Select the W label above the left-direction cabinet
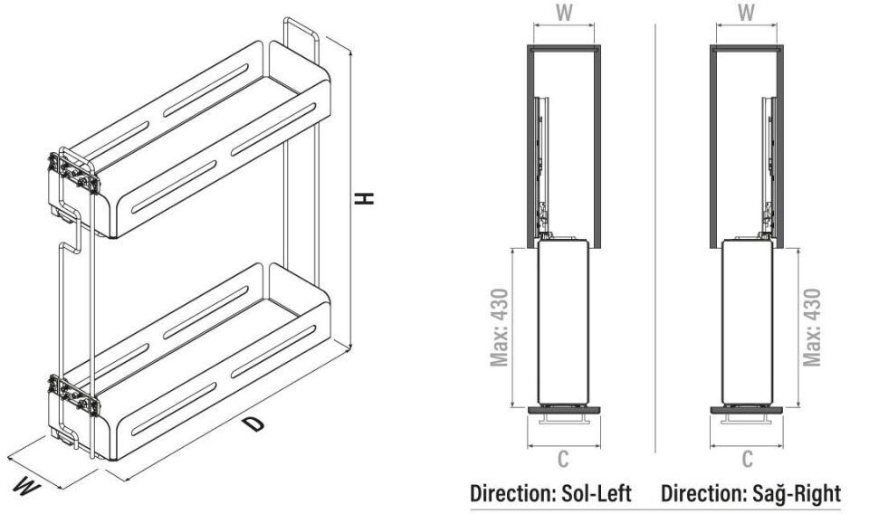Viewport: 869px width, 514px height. point(562,14)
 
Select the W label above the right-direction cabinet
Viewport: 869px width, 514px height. point(747,14)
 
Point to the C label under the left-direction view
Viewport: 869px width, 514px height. point(562,460)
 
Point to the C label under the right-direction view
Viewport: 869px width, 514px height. point(747,460)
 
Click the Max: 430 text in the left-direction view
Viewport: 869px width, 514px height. point(500,328)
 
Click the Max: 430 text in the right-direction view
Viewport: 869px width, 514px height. point(812,328)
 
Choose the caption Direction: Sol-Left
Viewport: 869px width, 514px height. point(550,494)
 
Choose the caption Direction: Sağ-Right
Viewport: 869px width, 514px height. point(750,494)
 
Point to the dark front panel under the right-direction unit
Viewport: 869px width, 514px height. point(747,409)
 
